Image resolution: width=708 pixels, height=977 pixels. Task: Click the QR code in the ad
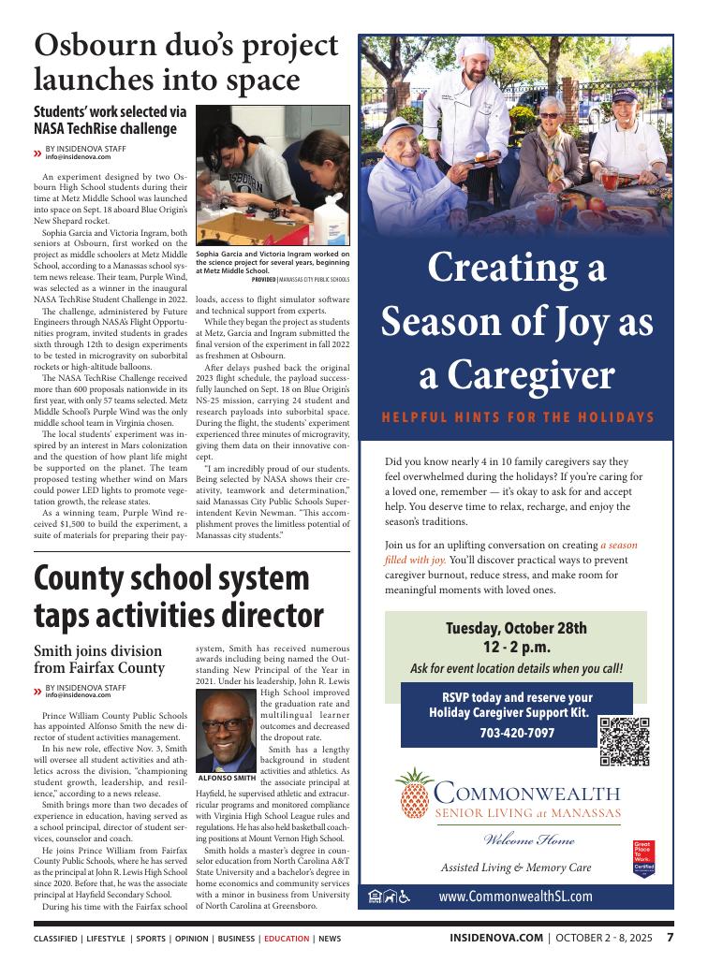pyautogui.click(x=625, y=741)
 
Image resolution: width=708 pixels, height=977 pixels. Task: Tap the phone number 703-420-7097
pyautogui.click(x=516, y=733)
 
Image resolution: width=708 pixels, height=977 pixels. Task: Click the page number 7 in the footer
pyautogui.click(x=670, y=938)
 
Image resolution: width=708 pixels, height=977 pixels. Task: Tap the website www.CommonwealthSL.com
pyautogui.click(x=515, y=896)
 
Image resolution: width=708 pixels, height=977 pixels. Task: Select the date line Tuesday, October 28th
pyautogui.click(x=516, y=627)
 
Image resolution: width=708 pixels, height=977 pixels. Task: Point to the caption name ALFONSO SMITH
pyautogui.click(x=227, y=778)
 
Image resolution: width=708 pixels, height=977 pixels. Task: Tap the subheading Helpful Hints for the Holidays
pyautogui.click(x=516, y=417)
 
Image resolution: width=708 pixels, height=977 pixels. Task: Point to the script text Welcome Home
pyautogui.click(x=516, y=839)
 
